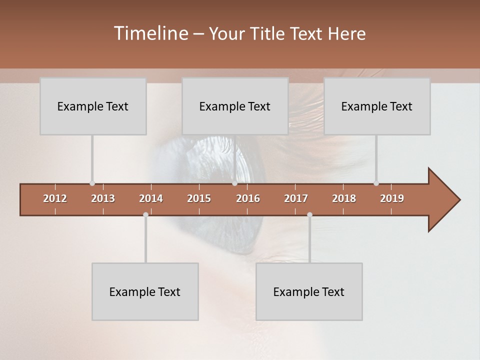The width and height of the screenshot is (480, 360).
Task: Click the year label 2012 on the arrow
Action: pos(55,198)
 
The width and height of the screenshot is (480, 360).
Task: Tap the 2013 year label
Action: pos(103,198)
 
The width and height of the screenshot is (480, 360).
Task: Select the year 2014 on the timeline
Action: pos(151,198)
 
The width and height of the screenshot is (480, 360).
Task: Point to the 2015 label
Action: pos(199,198)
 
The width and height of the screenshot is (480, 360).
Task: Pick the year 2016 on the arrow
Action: pos(248,198)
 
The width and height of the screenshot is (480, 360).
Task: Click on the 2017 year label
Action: pos(296,198)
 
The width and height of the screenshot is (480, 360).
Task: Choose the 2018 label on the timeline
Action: pos(344,198)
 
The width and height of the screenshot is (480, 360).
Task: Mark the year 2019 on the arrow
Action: pos(392,198)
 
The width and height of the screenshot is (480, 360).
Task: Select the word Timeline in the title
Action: pos(150,33)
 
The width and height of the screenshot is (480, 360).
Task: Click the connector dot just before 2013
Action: pos(92,183)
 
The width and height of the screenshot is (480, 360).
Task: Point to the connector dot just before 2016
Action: pos(234,183)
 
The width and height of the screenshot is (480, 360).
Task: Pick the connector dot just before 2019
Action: pos(376,183)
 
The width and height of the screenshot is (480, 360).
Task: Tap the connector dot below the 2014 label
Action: pos(145,215)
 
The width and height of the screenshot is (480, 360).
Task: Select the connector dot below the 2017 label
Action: pos(309,215)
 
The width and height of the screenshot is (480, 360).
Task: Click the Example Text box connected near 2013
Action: pos(93,106)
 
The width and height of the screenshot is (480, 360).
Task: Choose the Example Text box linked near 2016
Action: pos(235,106)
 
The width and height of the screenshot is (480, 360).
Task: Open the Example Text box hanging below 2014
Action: pos(145,291)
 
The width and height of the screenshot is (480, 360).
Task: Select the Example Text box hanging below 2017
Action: pos(309,291)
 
